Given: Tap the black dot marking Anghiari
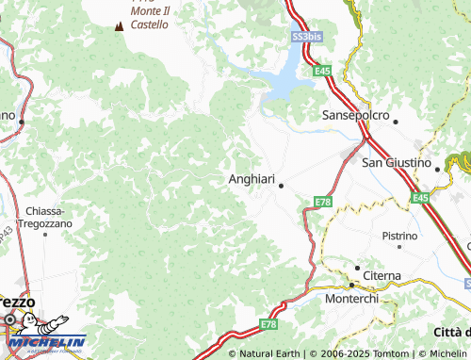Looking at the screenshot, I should click(x=281, y=186).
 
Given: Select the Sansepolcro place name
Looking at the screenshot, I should click(x=356, y=114).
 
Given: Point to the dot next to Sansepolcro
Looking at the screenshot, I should click(x=396, y=122).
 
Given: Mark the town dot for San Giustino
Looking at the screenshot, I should click(x=437, y=169).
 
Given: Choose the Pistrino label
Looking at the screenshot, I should click(x=399, y=235).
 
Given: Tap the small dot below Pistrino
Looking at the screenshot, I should click(x=399, y=247).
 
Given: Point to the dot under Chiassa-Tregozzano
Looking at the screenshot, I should click(x=71, y=234).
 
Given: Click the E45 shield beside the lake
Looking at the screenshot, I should click(x=323, y=71).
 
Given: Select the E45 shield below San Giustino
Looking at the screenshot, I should click(x=420, y=197).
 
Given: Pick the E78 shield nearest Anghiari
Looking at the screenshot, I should click(x=324, y=202).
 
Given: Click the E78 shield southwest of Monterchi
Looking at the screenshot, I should click(x=267, y=324).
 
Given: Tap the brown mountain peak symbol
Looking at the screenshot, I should click(x=119, y=26).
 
